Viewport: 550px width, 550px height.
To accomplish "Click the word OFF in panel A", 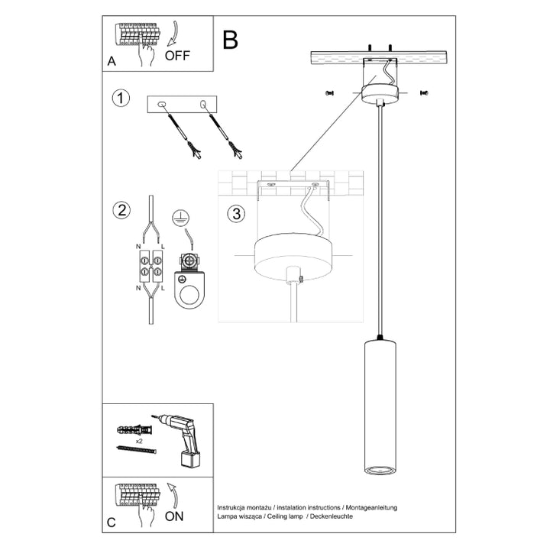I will [178, 55].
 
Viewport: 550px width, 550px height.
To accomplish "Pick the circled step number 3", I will [237, 214].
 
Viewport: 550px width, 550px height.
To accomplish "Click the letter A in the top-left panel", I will [112, 62].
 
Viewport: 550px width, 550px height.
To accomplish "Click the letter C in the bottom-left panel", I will [112, 522].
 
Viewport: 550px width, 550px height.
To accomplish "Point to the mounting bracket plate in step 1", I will [183, 105].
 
